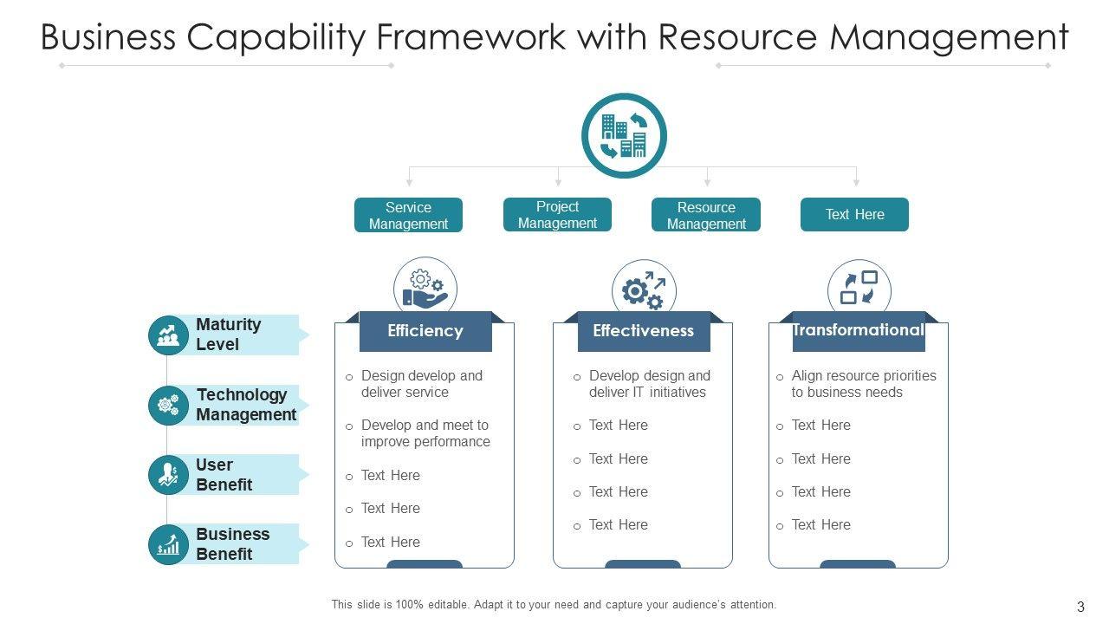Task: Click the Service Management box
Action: point(408,215)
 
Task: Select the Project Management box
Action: point(557,215)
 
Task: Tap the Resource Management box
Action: point(706,215)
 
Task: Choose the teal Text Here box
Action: point(854,215)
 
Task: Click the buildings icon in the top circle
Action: point(624,136)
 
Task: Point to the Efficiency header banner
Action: point(425,331)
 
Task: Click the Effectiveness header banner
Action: point(643,331)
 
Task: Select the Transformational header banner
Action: point(858,331)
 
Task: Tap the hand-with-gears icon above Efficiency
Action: point(425,288)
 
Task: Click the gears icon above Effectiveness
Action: point(644,290)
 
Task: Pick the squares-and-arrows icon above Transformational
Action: point(859,289)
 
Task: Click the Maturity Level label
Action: point(229,335)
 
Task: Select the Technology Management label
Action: point(246,405)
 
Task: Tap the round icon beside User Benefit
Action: point(168,475)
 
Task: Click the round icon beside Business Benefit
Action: point(168,545)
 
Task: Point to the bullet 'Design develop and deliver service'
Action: point(421,384)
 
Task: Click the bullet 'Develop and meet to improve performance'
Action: point(425,433)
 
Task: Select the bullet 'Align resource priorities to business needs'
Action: point(863,384)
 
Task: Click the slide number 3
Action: point(1080,607)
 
